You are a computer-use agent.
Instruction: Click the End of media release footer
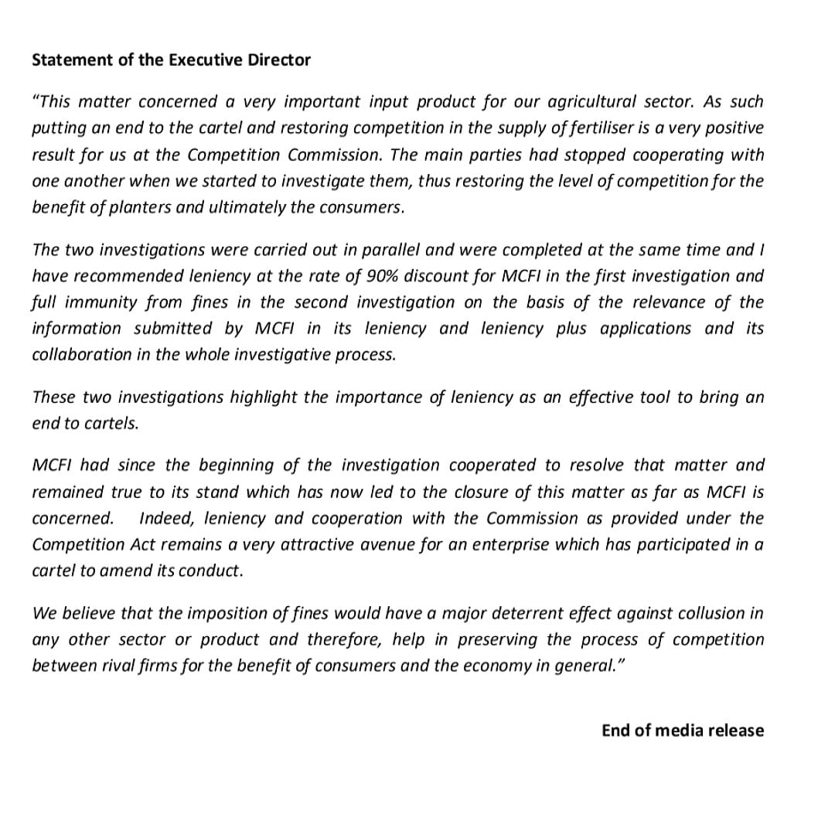coord(683,731)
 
